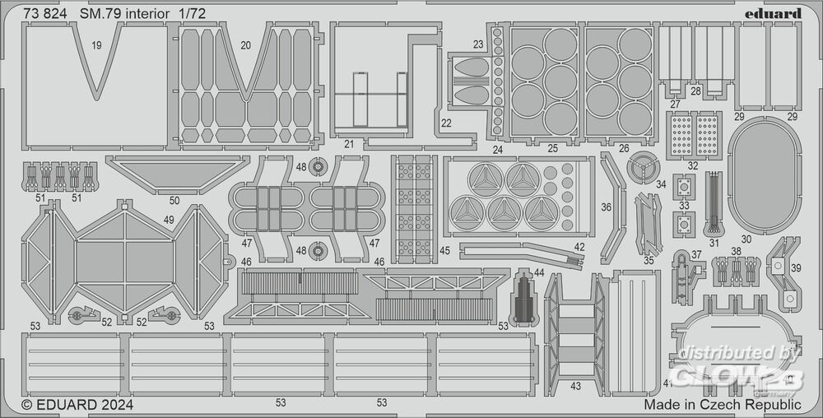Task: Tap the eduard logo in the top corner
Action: click(777, 13)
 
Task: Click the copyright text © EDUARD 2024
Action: click(77, 405)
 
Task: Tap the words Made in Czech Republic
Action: click(723, 405)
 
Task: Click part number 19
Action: click(97, 45)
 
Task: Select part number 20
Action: click(245, 45)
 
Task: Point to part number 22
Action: click(445, 124)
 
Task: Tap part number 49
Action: click(169, 220)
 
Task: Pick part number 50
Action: click(174, 200)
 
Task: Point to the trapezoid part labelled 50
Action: click(177, 174)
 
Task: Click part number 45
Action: click(444, 251)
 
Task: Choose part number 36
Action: click(607, 208)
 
